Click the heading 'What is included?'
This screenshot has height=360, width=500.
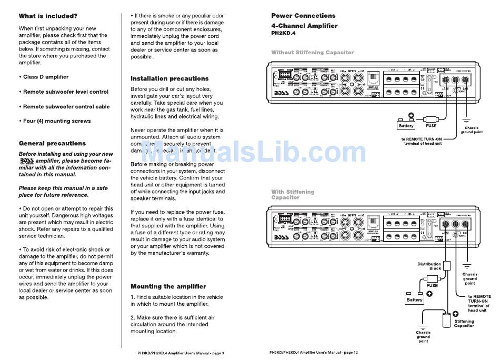[48, 16]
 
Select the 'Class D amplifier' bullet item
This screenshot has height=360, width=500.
[46, 77]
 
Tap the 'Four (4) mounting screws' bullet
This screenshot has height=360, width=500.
[57, 121]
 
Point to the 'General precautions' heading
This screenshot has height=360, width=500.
[52, 143]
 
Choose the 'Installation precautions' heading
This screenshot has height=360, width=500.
[169, 78]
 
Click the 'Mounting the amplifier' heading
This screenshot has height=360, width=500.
[168, 286]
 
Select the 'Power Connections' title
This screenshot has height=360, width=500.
[303, 16]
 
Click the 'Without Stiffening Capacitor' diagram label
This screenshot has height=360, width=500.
[313, 53]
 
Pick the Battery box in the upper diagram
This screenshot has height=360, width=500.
[406, 126]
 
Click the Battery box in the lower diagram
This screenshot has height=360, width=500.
[414, 299]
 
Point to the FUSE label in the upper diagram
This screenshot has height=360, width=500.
[431, 126]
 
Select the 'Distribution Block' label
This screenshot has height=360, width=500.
[429, 266]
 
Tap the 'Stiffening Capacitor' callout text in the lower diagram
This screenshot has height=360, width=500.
[464, 323]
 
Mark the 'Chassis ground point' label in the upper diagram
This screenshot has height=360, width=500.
[472, 129]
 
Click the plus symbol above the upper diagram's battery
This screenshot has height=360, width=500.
[412, 116]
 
